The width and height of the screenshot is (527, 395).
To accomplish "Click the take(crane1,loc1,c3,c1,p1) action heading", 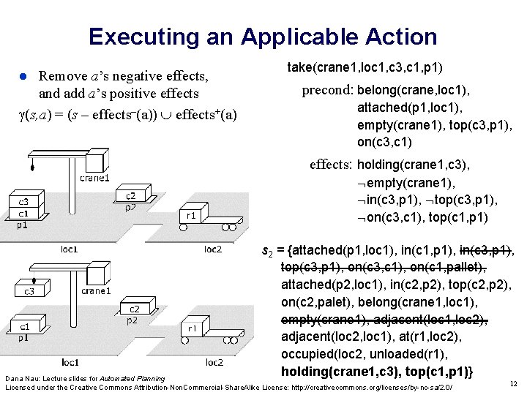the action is pos(365,67).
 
